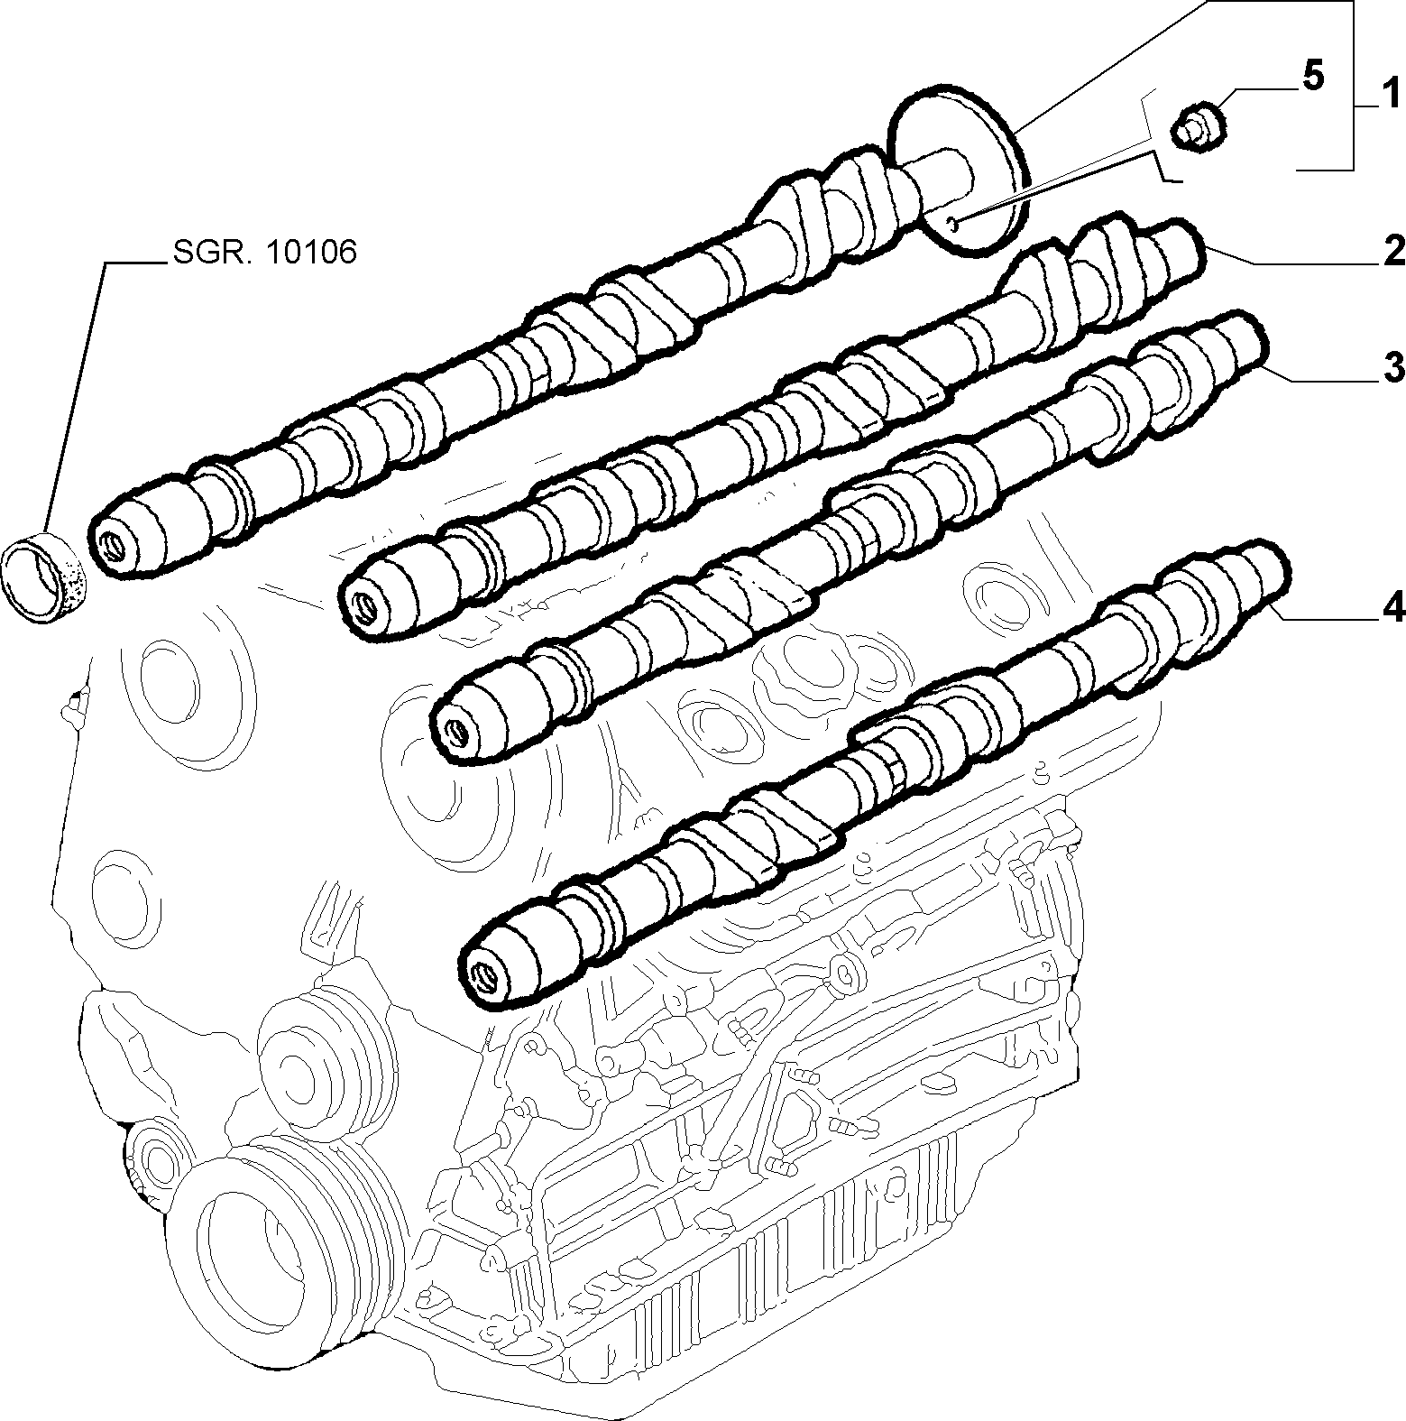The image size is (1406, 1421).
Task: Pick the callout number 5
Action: click(x=1314, y=76)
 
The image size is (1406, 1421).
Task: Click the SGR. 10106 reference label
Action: click(x=263, y=253)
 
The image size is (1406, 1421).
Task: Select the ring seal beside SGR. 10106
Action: click(x=44, y=577)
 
